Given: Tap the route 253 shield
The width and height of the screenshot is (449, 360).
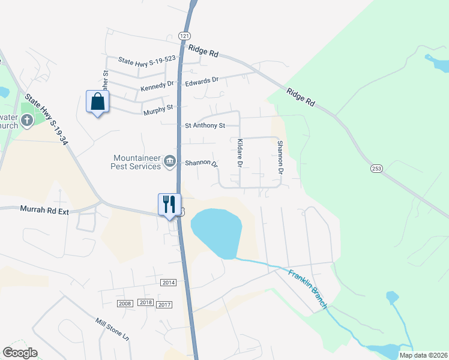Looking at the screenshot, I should [x=376, y=169].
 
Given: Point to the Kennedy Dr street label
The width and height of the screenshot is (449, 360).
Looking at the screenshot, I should [x=157, y=86].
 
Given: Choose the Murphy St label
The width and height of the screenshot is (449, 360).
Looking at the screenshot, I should [x=158, y=109].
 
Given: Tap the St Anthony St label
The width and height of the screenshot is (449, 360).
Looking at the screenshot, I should [x=205, y=125].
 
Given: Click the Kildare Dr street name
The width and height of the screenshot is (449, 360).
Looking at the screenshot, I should [x=240, y=153].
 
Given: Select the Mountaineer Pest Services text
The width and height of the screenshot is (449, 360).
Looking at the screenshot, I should [x=137, y=162].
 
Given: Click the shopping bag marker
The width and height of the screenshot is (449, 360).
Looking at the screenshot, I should [x=98, y=102].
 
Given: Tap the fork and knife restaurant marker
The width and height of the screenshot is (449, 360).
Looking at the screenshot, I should [x=169, y=204].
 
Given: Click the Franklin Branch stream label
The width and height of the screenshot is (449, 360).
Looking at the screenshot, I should [x=307, y=290].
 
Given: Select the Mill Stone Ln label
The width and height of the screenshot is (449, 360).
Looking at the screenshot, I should [x=112, y=329].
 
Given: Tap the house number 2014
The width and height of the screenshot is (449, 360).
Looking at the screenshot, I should [x=169, y=282].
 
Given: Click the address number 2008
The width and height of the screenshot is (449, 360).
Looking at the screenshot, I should [x=125, y=304].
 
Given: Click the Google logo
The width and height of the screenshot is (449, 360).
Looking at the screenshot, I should [x=20, y=353].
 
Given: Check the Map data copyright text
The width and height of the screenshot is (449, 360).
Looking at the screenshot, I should [x=423, y=355].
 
